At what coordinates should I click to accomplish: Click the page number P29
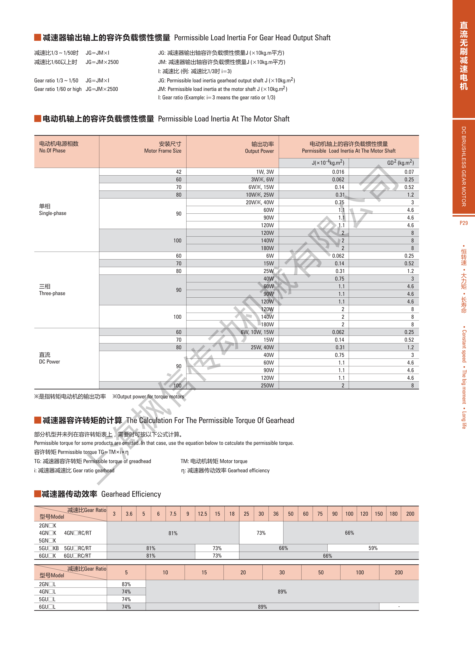(x=464, y=223)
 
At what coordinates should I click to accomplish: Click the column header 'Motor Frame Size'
(x=163, y=151)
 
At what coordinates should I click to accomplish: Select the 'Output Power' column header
(x=259, y=151)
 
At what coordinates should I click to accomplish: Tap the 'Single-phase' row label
(x=53, y=213)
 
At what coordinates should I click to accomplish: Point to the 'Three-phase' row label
(x=52, y=293)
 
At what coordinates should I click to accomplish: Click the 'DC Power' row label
(x=49, y=362)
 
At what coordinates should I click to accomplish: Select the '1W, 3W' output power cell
(x=265, y=172)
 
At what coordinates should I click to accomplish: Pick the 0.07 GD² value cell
(x=409, y=172)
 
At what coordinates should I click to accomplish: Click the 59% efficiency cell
(x=373, y=548)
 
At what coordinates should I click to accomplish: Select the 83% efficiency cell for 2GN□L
(x=126, y=584)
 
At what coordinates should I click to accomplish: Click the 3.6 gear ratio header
(x=129, y=514)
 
